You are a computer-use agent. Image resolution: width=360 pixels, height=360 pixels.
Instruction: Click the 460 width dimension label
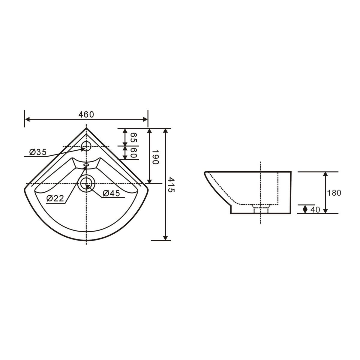[86, 114]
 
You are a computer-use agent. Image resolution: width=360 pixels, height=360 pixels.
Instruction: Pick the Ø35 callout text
[38, 152]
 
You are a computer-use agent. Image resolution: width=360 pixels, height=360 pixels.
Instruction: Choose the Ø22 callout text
[55, 198]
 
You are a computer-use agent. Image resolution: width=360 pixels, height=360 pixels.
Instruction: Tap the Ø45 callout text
[111, 193]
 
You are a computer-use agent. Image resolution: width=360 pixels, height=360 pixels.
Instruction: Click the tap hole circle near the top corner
[86, 146]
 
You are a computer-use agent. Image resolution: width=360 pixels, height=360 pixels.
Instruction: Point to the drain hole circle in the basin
[86, 183]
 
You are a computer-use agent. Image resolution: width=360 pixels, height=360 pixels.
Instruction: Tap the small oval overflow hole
[86, 165]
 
